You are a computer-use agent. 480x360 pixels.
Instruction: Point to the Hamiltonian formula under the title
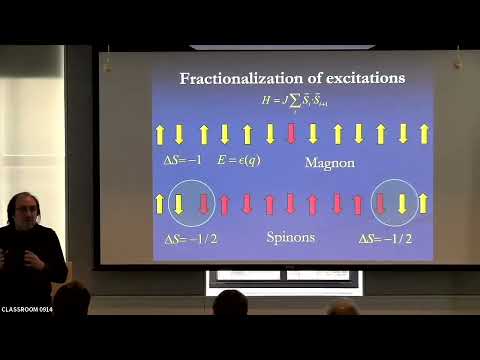point(293,102)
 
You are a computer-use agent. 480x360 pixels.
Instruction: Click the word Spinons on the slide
point(290,238)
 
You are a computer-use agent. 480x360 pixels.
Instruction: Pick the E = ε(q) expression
point(240,160)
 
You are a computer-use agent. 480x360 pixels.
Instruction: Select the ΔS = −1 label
point(183,160)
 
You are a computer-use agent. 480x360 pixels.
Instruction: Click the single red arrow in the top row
point(291,133)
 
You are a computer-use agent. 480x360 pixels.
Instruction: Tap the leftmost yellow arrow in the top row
point(157,133)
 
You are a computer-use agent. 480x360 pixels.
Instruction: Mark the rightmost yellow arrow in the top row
point(424,133)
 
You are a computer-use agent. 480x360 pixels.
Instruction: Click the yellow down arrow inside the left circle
point(180,204)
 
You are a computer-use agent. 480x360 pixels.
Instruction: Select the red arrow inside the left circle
point(202,204)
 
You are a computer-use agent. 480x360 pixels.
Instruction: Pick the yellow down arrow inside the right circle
point(402,204)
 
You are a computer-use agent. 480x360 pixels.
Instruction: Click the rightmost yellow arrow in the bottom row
point(424,204)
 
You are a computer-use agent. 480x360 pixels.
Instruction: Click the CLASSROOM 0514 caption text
point(27,309)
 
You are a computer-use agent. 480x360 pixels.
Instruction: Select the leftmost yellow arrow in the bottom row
point(158,204)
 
